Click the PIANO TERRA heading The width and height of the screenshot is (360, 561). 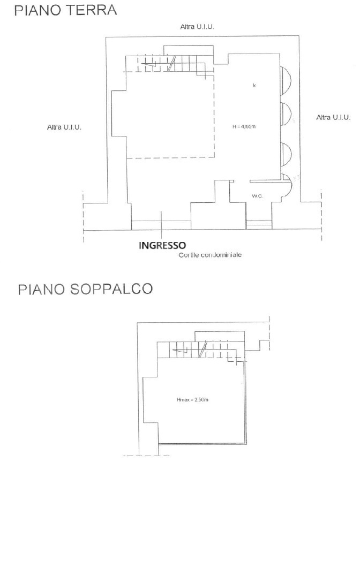(x=65, y=11)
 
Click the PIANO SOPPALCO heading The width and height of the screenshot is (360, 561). (x=85, y=290)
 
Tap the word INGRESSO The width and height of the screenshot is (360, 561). (x=162, y=246)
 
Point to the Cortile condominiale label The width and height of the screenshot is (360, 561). (x=210, y=255)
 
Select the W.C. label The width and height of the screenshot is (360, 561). (x=257, y=196)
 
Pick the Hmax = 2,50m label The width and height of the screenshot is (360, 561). (x=192, y=400)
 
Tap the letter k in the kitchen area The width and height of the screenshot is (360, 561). (x=254, y=86)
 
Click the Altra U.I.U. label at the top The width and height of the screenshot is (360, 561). (x=197, y=26)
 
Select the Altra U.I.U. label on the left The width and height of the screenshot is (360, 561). (x=64, y=127)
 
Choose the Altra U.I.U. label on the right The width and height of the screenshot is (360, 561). (x=333, y=117)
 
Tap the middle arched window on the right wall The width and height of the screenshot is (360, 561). (x=286, y=113)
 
